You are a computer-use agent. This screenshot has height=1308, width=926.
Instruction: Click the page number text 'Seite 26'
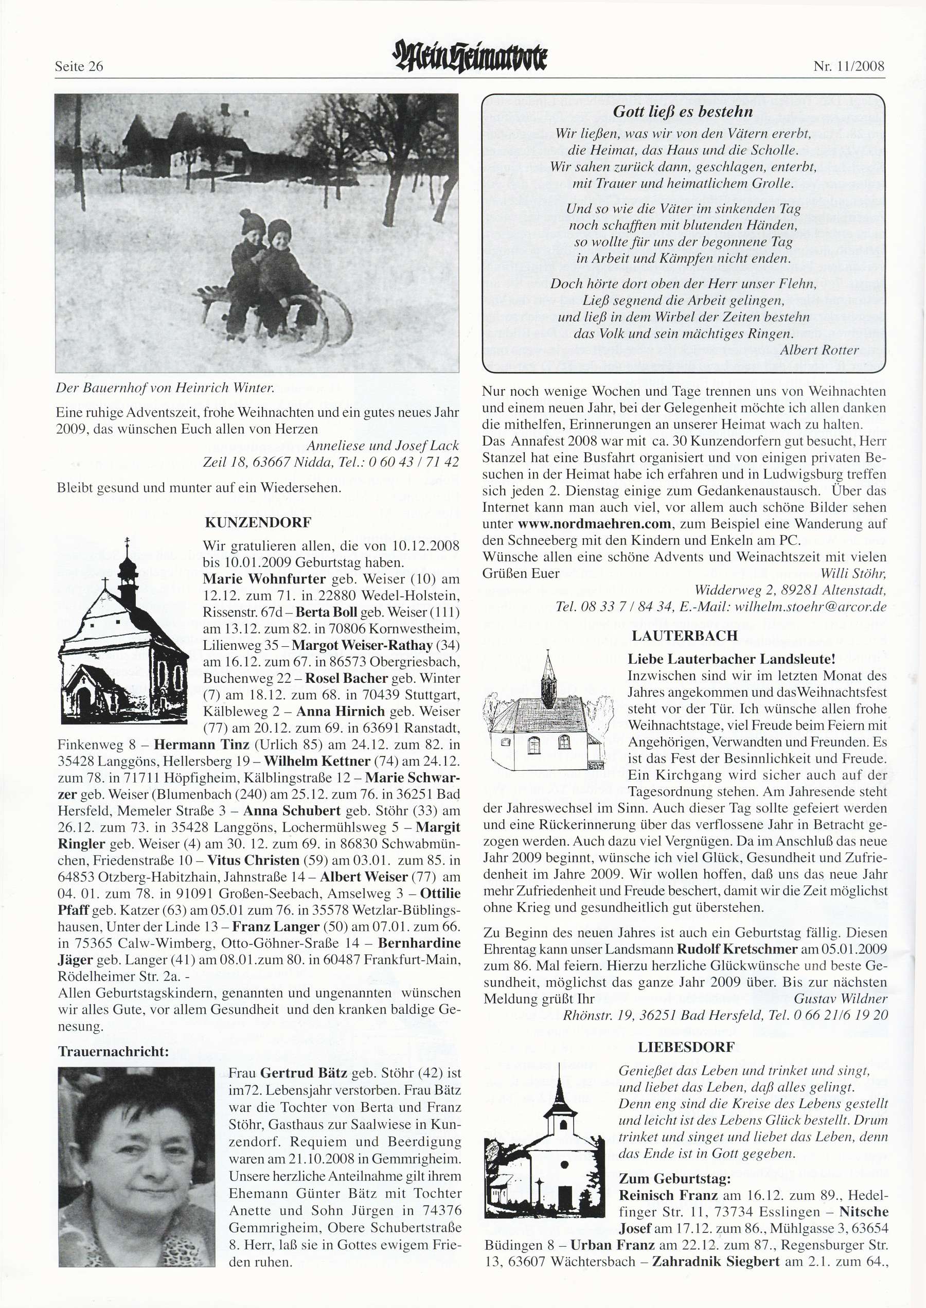tap(79, 66)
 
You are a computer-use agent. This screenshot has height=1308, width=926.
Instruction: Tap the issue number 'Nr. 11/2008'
tap(848, 66)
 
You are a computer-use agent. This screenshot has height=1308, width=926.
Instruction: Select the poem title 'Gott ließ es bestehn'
tap(683, 112)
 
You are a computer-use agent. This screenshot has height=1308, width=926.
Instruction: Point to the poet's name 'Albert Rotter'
tap(819, 350)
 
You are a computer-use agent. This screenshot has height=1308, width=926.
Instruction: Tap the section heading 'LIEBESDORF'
tap(686, 1047)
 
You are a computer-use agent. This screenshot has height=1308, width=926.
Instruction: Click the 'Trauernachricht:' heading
tap(114, 1051)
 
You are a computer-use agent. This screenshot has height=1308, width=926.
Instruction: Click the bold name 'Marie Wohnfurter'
tap(264, 579)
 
